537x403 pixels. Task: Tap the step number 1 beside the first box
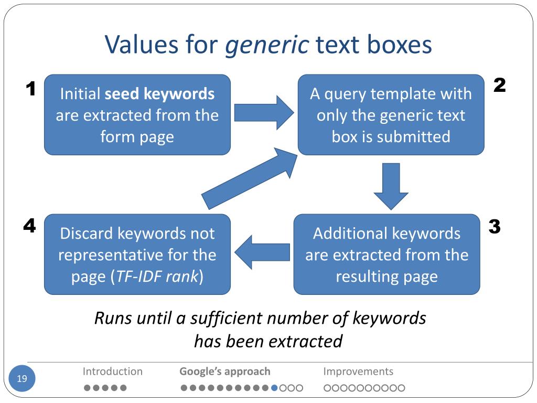31,90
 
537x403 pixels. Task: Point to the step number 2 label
500,86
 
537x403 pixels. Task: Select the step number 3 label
495,227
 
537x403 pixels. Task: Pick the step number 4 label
29,226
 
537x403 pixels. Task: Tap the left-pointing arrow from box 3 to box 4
262,254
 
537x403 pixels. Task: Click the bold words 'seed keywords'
159,94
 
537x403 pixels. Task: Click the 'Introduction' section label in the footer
112,372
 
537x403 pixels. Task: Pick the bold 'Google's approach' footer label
225,372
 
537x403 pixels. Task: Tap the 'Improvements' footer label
358,372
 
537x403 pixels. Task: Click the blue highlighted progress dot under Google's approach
274,388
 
